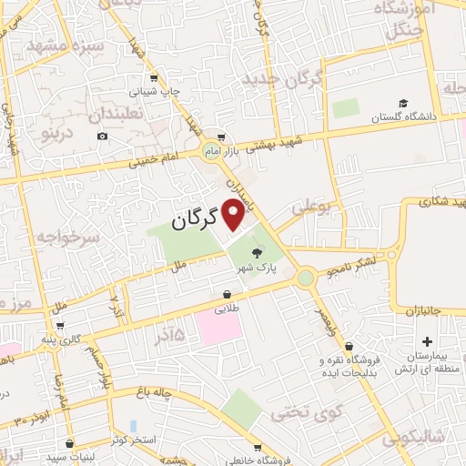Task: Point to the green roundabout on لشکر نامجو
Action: (306, 277)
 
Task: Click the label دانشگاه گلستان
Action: (404, 117)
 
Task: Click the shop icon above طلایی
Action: (226, 293)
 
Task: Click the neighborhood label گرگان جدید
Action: (283, 81)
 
